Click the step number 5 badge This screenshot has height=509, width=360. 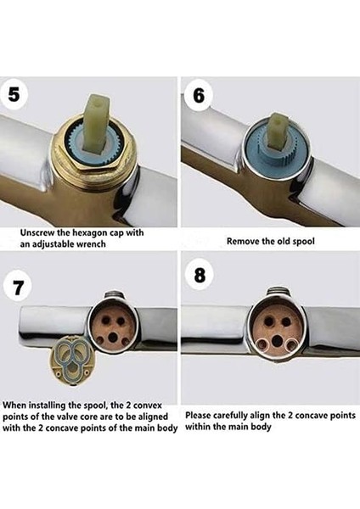(13, 95)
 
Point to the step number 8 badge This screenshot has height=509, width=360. (200, 276)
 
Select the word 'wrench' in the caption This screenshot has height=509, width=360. (90, 243)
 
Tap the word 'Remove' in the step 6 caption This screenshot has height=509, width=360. (239, 241)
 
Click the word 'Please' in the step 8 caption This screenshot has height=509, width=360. (197, 415)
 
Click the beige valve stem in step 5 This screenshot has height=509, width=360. (96, 120)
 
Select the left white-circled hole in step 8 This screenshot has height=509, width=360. (262, 344)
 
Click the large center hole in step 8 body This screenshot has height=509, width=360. (277, 340)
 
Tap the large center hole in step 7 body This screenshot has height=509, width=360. (113, 338)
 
